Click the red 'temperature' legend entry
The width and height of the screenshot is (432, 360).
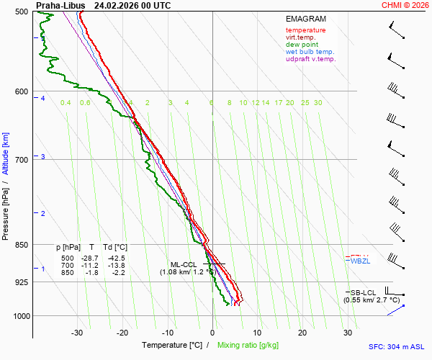[x=305, y=30]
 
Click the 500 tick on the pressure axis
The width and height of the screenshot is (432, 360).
[x=21, y=12]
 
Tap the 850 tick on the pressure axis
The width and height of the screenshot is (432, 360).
[x=21, y=245]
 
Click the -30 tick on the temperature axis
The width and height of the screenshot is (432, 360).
[x=77, y=333]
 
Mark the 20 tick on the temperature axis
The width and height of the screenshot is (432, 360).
[x=302, y=333]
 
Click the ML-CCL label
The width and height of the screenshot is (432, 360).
[x=183, y=264]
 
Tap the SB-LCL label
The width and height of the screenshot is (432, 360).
[x=364, y=292]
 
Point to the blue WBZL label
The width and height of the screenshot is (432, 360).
[x=360, y=261]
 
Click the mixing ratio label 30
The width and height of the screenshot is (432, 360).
[x=318, y=103]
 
